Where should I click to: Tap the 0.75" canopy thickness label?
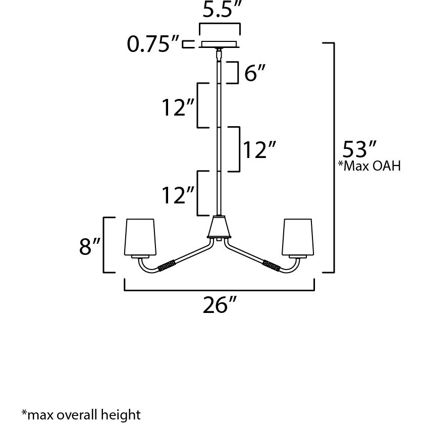pos(153,44)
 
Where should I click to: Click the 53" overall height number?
pos(360,149)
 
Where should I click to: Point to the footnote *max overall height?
pos(81,415)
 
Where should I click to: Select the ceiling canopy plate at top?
pos(220,44)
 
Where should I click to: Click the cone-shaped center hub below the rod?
pos(220,228)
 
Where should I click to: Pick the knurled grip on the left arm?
pos(167,265)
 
